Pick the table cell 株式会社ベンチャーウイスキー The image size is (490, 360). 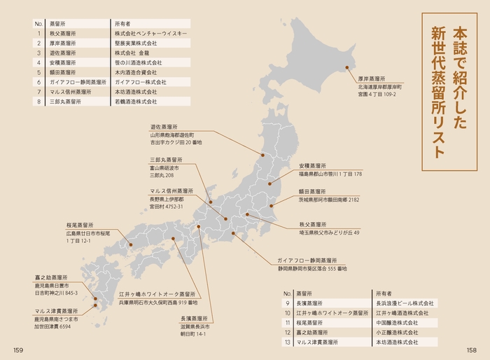[x=150, y=32]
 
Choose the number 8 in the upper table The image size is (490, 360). [x=39, y=102]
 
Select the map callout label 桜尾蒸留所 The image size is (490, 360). [x=80, y=224]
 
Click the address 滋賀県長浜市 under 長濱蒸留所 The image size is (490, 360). [x=187, y=326]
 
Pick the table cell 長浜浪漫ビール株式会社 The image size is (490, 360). [x=405, y=303]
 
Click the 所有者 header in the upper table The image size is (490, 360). [x=125, y=22]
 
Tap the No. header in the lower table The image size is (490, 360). [x=287, y=293]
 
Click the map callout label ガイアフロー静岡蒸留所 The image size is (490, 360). [x=307, y=259]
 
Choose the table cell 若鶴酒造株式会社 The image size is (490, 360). [x=136, y=102]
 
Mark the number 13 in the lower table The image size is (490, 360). [x=288, y=342]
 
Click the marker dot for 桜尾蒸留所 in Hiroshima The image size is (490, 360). [x=130, y=244]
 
